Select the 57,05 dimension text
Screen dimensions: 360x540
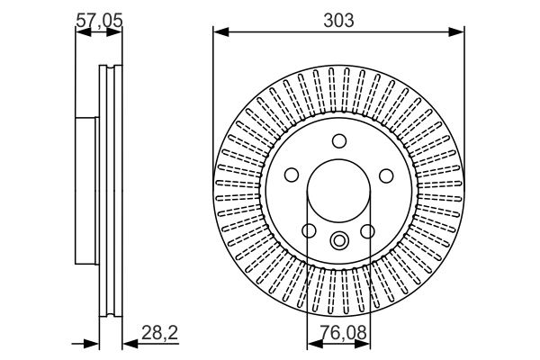click(x=98, y=19)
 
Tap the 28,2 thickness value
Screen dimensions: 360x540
click(x=160, y=333)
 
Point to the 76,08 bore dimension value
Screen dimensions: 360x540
click(x=339, y=333)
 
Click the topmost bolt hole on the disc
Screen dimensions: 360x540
click(x=339, y=141)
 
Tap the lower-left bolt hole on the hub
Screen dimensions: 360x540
click(x=310, y=231)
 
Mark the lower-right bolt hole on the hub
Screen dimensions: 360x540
click(x=368, y=231)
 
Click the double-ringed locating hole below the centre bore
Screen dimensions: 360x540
click(x=339, y=240)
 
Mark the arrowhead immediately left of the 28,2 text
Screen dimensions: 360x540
click(x=129, y=343)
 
